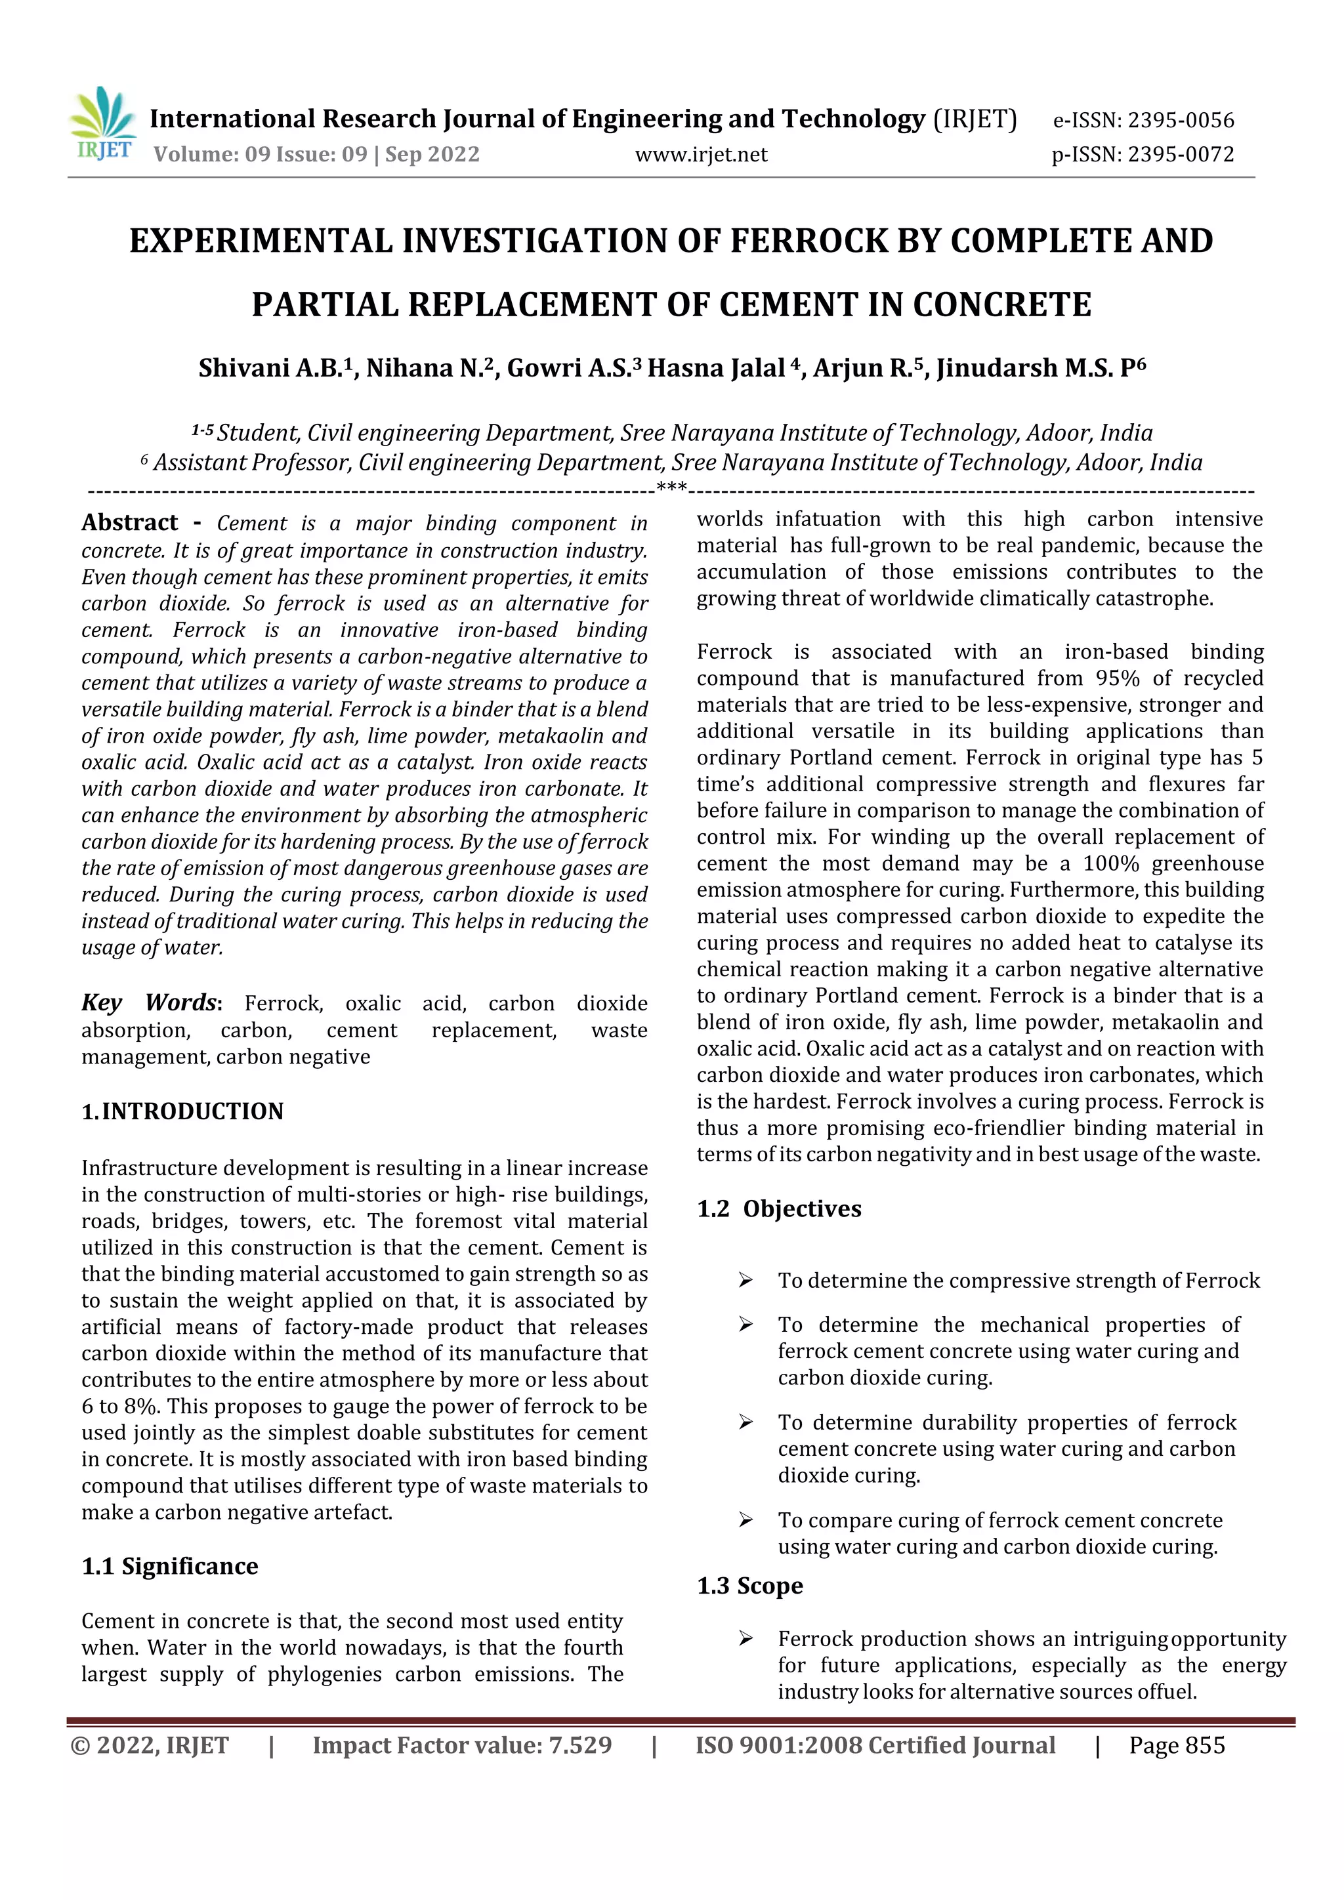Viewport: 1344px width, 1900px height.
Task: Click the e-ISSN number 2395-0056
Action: pos(1181,121)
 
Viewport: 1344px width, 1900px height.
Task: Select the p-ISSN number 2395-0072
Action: pos(1181,155)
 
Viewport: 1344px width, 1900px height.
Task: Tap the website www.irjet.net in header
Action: pos(701,155)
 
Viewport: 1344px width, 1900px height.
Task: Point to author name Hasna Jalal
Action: pos(716,367)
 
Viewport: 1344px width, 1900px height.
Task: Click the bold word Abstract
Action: pos(130,522)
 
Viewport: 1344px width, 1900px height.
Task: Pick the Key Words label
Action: pos(149,1002)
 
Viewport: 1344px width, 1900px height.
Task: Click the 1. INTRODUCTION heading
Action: pos(183,1111)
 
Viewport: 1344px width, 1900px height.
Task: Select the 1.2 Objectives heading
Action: pos(779,1209)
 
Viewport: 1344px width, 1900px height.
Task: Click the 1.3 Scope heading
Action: pos(750,1586)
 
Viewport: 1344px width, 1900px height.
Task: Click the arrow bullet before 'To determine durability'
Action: pos(745,1422)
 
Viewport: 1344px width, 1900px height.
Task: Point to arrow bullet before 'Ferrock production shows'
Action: pos(745,1640)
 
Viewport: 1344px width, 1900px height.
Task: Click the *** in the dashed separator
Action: pos(671,487)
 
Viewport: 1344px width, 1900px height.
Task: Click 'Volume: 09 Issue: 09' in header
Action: pos(261,155)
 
